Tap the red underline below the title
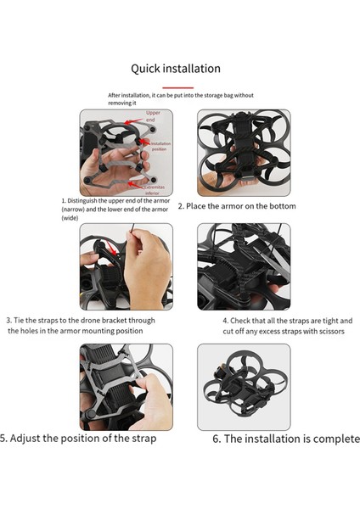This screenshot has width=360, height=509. click(x=178, y=87)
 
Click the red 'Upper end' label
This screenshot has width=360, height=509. click(x=153, y=116)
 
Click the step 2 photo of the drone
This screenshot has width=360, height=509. click(x=243, y=153)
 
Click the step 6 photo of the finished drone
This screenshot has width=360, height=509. click(x=243, y=386)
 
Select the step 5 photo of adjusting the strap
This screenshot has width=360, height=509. click(x=126, y=386)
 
